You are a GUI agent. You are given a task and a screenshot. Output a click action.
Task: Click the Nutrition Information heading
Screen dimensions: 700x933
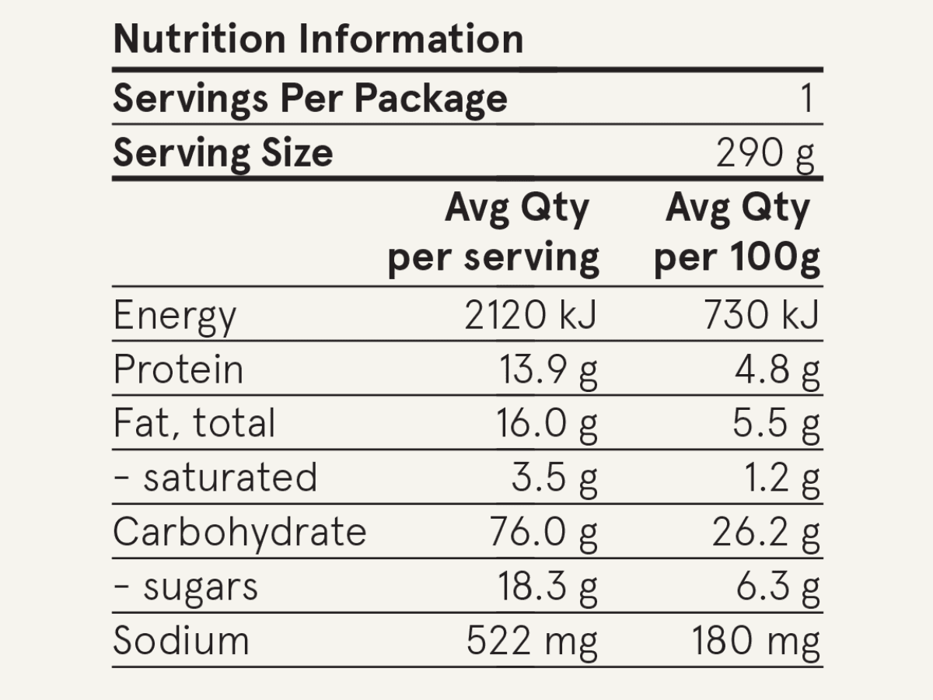(x=318, y=39)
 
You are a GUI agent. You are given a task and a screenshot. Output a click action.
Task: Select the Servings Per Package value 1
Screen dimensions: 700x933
(x=806, y=99)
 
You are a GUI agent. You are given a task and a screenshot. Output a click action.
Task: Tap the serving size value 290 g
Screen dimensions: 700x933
(x=765, y=154)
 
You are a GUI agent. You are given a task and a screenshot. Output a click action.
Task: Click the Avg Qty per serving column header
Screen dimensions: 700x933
(x=494, y=233)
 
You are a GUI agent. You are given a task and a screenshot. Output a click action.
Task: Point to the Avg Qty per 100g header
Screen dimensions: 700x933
(x=737, y=233)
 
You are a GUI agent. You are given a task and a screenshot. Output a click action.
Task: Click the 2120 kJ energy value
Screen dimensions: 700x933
(x=530, y=316)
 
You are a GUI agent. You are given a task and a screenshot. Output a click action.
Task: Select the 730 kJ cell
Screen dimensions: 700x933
(x=762, y=316)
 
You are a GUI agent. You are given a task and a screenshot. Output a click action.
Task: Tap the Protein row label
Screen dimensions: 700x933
(x=178, y=369)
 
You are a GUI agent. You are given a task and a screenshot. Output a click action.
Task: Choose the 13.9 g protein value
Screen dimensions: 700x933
(x=547, y=370)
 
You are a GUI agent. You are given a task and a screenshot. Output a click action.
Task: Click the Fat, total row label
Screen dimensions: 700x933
(x=194, y=424)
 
